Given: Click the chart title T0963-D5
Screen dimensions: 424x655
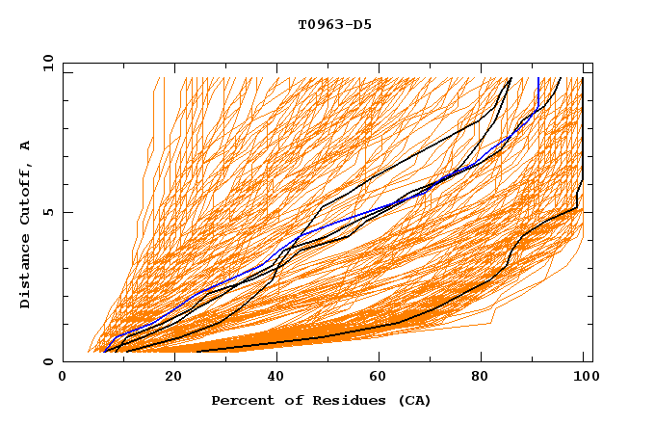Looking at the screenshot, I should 334,25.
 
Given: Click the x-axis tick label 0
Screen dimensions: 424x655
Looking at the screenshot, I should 63,379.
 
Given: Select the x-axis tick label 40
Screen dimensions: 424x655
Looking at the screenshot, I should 277,379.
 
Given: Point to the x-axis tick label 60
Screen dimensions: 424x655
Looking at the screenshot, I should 382,379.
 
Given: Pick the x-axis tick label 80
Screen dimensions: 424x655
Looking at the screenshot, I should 487,379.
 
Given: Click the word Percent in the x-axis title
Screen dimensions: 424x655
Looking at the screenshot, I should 241,400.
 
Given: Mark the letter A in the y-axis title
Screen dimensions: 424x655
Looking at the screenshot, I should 26,146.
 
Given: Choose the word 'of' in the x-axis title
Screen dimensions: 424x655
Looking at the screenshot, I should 287,400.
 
